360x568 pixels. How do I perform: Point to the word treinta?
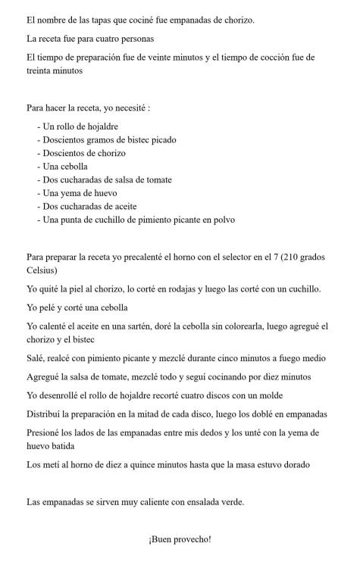click(43, 70)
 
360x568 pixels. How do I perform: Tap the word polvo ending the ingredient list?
click(221, 220)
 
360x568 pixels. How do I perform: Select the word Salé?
click(35, 358)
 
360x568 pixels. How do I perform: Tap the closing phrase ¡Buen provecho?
click(180, 539)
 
